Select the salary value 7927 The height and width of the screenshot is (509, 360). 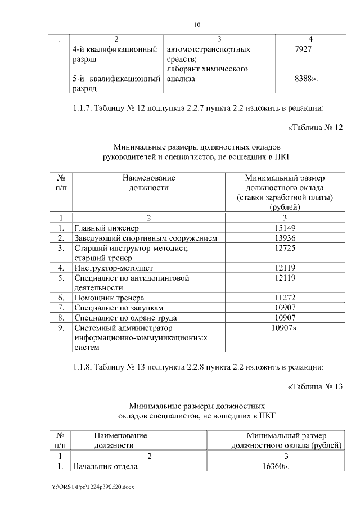pos(304,49)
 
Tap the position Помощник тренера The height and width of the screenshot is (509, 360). pos(109,298)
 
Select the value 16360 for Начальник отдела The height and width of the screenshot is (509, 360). pos(275,466)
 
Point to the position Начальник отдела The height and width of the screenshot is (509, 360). pos(106,466)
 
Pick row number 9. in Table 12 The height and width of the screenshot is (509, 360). pos(61,327)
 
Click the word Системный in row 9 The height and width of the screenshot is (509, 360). pos(93,327)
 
